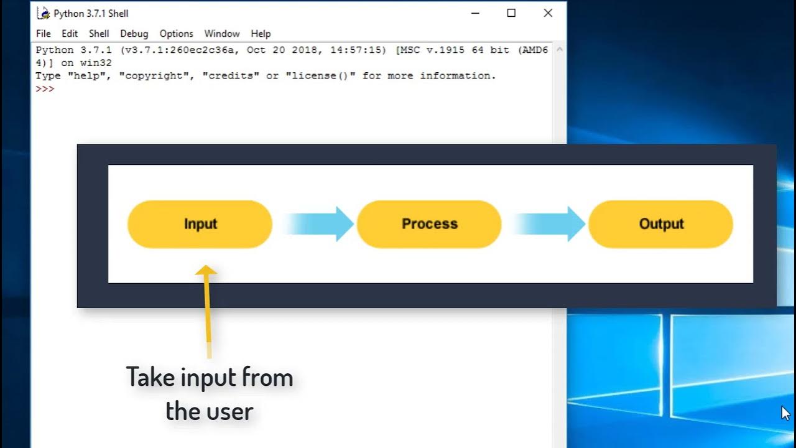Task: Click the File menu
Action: pos(43,34)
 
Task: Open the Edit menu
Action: pos(70,34)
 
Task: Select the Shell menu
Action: pos(99,34)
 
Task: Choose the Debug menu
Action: pos(134,34)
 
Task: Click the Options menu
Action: pos(176,34)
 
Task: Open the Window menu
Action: pos(221,34)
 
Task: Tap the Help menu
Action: pos(261,34)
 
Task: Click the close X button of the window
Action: pos(548,13)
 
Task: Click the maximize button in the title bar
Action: pos(511,13)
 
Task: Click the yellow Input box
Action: pos(200,224)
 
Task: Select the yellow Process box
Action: pos(429,224)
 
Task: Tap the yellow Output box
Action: pos(660,224)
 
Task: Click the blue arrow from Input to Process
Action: pos(320,224)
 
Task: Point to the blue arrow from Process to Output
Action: pos(551,224)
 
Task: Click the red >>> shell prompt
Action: pos(45,89)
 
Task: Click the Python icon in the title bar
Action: pos(44,13)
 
